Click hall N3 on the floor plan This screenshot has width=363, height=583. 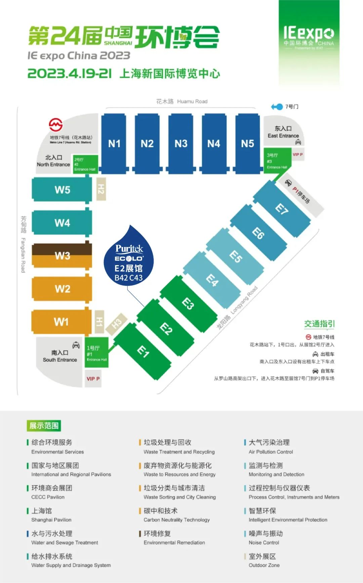tap(181, 143)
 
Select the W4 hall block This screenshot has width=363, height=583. tap(62, 222)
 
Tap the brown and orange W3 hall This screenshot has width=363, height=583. tap(62, 255)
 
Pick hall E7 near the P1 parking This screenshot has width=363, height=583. tap(282, 209)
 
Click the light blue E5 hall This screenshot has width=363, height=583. tap(235, 257)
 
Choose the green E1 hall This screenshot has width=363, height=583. tap(143, 351)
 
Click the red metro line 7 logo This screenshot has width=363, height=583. tap(56, 125)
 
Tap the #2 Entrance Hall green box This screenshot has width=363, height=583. tap(85, 164)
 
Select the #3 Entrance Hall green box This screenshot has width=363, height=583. tap(277, 161)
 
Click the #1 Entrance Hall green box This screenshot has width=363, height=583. tap(97, 352)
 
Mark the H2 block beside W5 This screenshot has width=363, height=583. tap(101, 189)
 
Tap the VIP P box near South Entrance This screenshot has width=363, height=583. tap(93, 379)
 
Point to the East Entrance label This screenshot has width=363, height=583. tap(283, 132)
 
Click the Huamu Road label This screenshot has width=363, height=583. tap(182, 101)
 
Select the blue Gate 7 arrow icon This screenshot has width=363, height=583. tap(277, 107)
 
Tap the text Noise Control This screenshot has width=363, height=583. tap(264, 542)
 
